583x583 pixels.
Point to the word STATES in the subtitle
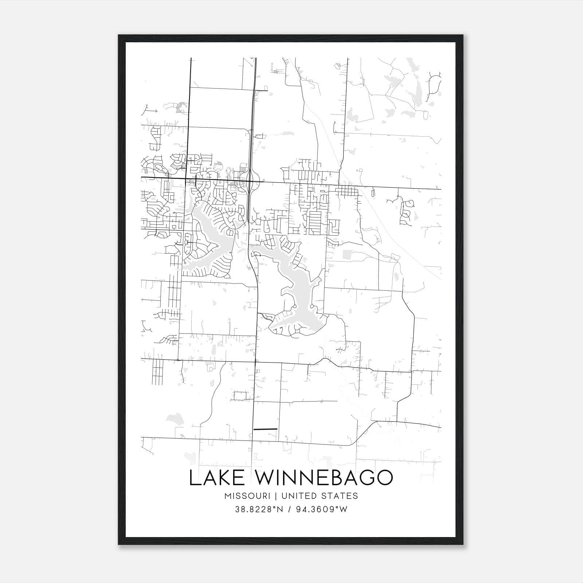click(341, 496)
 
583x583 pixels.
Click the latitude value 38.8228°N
click(259, 509)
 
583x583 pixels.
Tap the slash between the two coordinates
click(289, 509)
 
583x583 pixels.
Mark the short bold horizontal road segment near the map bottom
click(265, 429)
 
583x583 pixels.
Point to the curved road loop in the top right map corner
click(435, 84)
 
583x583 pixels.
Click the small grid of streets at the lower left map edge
click(157, 372)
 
